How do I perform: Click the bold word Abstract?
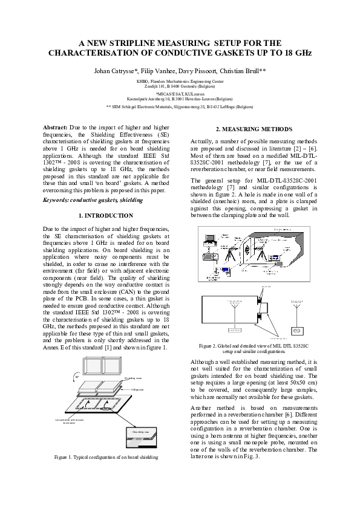coord(56,128)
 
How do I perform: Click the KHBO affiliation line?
coord(180,81)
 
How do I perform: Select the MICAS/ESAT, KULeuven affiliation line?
coord(180,94)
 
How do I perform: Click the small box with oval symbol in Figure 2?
coord(296,331)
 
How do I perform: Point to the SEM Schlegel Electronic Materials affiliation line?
coord(180,106)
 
